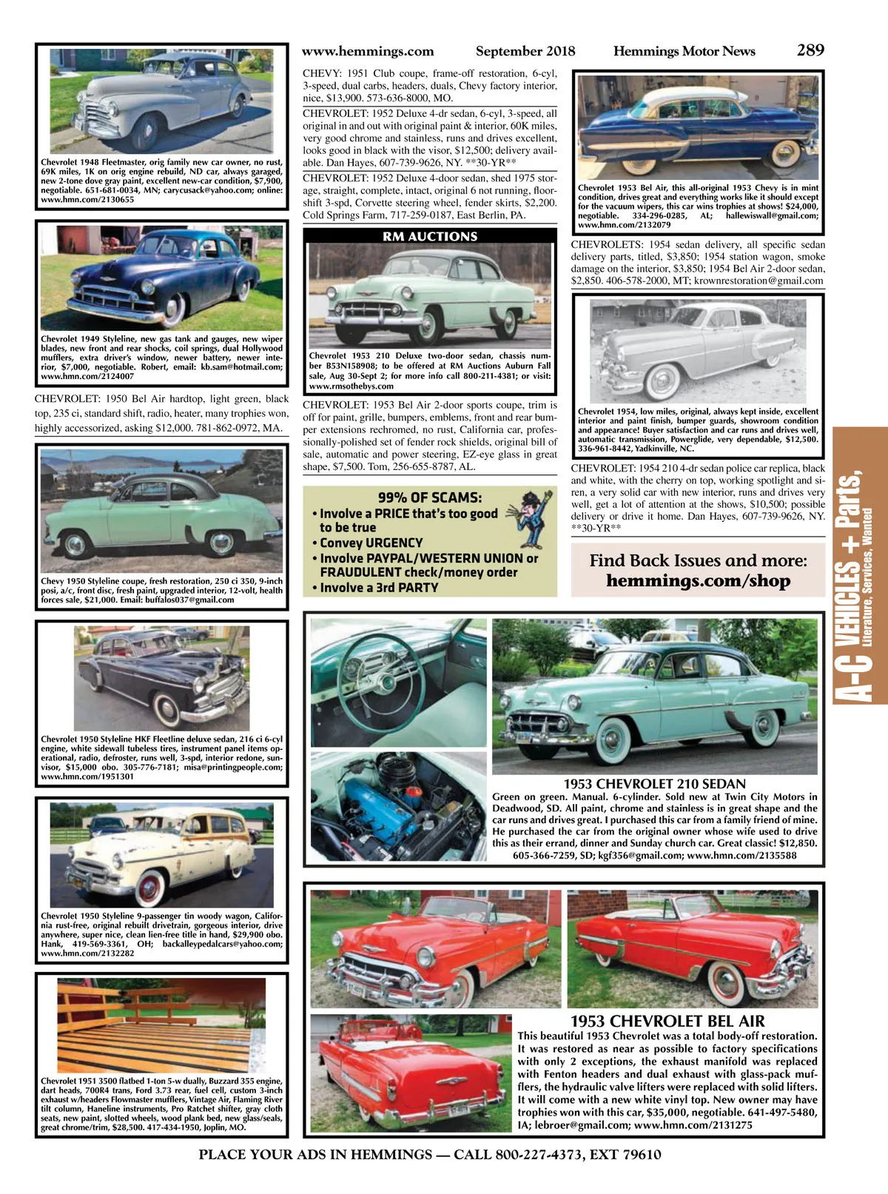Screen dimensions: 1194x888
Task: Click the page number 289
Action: pyautogui.click(x=810, y=50)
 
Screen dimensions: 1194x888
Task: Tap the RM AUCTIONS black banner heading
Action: pyautogui.click(x=430, y=237)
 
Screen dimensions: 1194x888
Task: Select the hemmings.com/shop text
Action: pyautogui.click(x=698, y=581)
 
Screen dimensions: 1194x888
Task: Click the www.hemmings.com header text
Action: pyautogui.click(x=368, y=51)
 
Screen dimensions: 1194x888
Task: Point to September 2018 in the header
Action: pyautogui.click(x=525, y=51)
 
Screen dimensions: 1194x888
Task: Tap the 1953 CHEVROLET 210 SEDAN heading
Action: pyautogui.click(x=654, y=784)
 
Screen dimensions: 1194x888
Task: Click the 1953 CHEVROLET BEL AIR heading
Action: pyautogui.click(x=667, y=1022)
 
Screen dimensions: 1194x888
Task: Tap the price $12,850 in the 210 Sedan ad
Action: pyautogui.click(x=798, y=843)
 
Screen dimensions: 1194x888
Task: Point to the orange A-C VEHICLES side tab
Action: pyautogui.click(x=860, y=566)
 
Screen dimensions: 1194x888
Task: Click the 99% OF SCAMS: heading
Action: pyautogui.click(x=429, y=497)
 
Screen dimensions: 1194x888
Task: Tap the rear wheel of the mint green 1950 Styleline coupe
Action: pyautogui.click(x=221, y=545)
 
